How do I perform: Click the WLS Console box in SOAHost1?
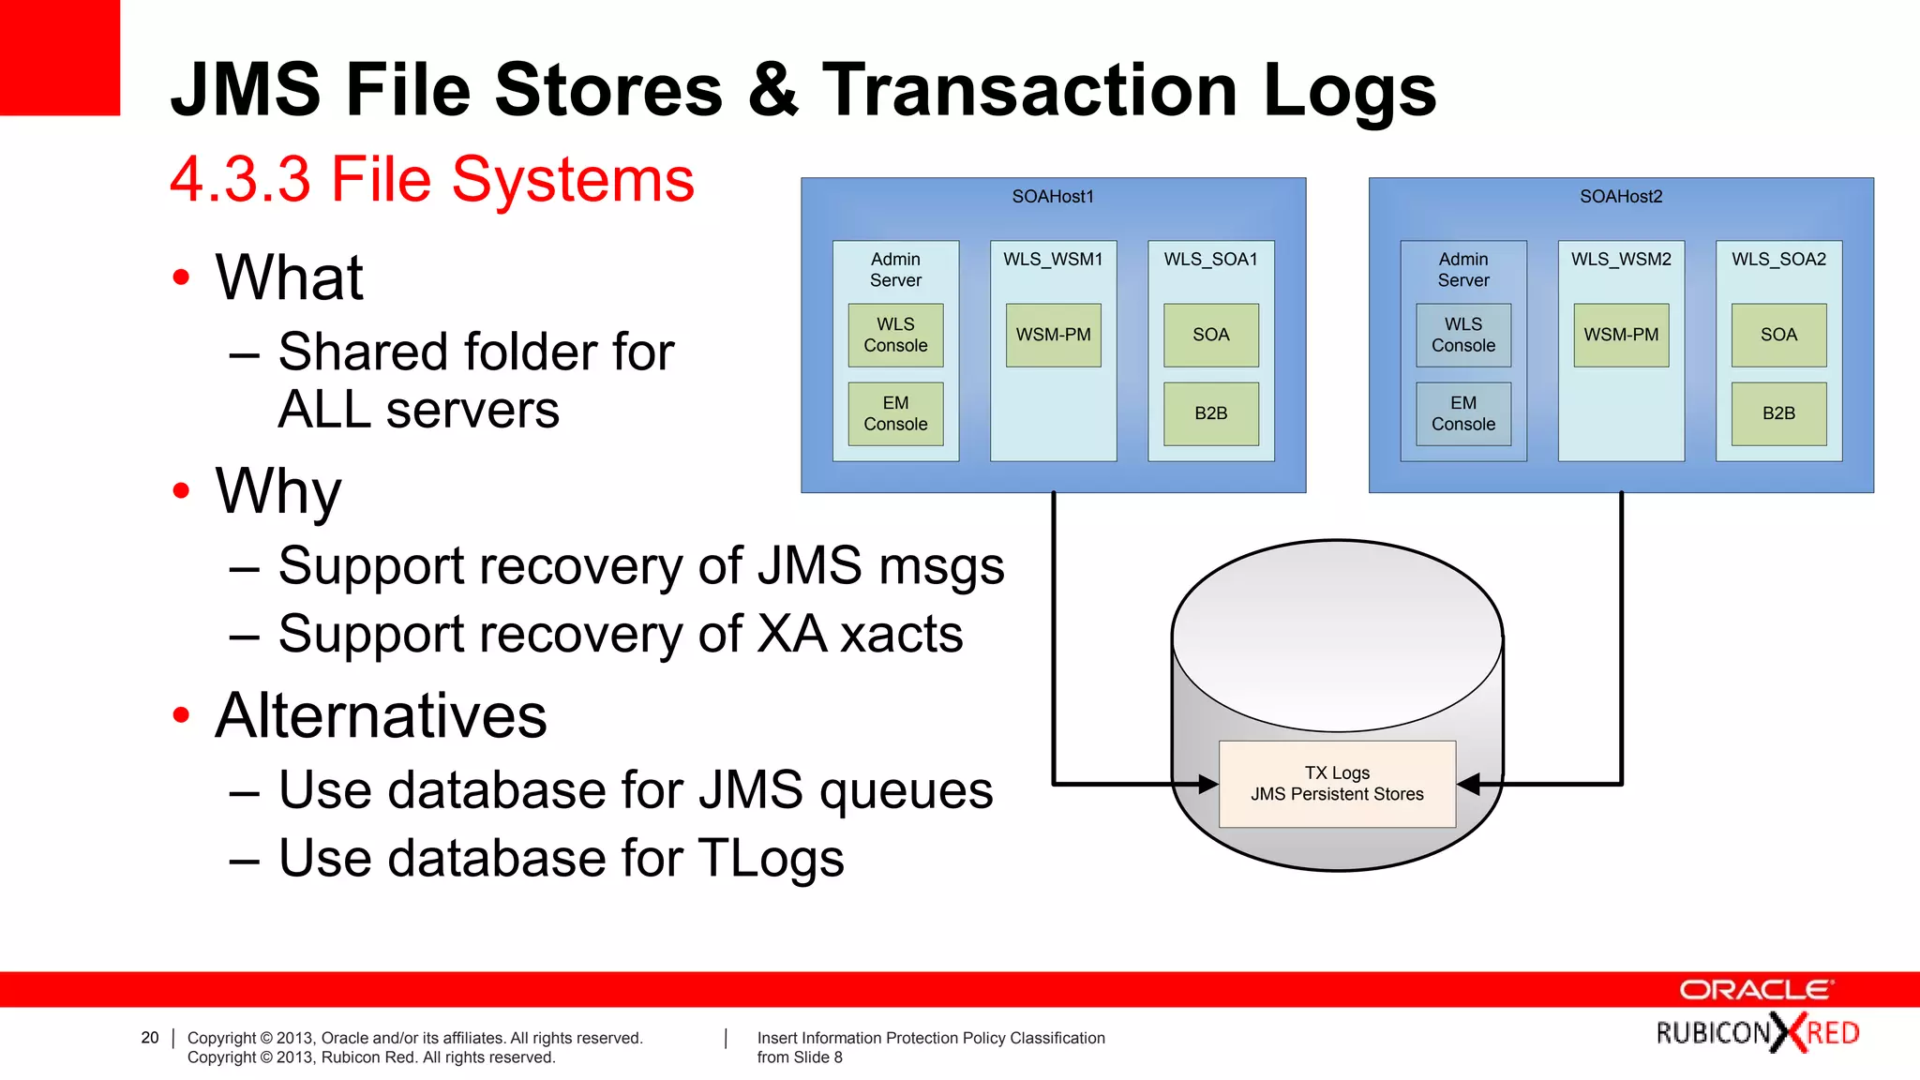[895, 335]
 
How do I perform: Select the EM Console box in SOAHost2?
[1462, 413]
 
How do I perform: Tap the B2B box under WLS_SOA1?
[1210, 413]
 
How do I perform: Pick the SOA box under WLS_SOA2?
[1778, 335]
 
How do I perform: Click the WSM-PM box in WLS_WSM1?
[1053, 335]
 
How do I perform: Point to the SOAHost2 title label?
[1620, 197]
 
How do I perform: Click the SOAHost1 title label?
[1053, 197]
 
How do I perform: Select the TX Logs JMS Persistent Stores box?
[1337, 784]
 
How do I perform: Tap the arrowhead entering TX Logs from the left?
[1207, 784]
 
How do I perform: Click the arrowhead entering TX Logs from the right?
[1469, 784]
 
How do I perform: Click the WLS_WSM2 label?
[1621, 260]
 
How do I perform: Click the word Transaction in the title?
[1029, 90]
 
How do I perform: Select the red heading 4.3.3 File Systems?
[431, 179]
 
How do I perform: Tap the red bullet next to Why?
[181, 490]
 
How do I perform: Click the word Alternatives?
[381, 716]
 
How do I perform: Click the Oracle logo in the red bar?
[1755, 990]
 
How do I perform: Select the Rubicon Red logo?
[1757, 1033]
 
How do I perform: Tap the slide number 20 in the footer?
[150, 1038]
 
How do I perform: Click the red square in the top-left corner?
[59, 57]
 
